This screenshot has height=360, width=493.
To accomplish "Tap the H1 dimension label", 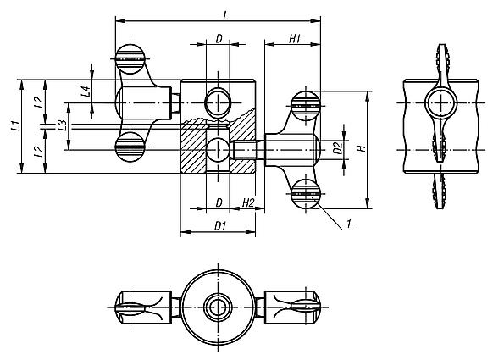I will pyautogui.click(x=294, y=38).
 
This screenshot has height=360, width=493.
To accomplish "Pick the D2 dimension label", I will pyautogui.click(x=338, y=149).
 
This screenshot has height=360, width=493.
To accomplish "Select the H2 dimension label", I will pyautogui.click(x=248, y=202).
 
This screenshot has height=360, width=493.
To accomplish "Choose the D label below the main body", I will pyautogui.click(x=219, y=202).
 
